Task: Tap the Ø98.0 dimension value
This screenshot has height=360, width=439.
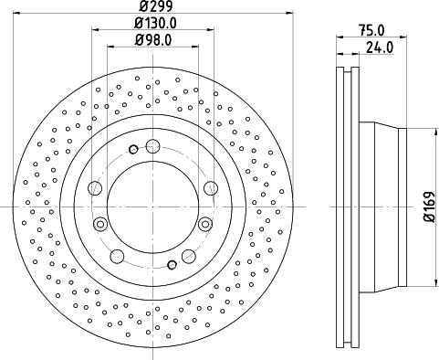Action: click(x=153, y=39)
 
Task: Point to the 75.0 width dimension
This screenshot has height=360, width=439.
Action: click(x=371, y=30)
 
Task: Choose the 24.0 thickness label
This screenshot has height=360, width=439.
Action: click(x=380, y=48)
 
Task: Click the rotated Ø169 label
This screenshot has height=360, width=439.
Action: click(x=431, y=207)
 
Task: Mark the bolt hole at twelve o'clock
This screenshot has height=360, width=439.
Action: click(x=152, y=146)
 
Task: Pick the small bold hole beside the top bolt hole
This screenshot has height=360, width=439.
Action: click(x=133, y=149)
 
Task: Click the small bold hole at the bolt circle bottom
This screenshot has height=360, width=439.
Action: click(x=172, y=265)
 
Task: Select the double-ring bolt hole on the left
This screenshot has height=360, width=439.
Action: click(x=99, y=225)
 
